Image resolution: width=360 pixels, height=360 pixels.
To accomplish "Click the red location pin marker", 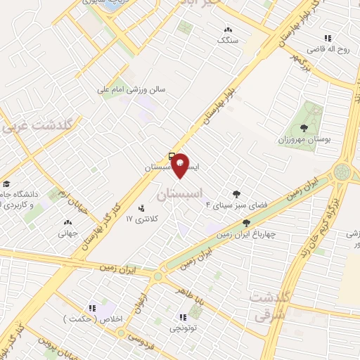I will pyautogui.click(x=180, y=165).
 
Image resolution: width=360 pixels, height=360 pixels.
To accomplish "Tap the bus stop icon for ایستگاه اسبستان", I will pyautogui.click(x=172, y=155).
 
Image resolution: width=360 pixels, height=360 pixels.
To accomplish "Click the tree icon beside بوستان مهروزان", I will pyautogui.click(x=304, y=128).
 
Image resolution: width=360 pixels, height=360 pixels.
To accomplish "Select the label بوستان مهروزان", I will pyautogui.click(x=304, y=140).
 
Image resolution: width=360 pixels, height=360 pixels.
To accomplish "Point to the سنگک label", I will pyautogui.click(x=227, y=41).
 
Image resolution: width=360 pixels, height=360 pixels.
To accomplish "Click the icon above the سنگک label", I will pyautogui.click(x=227, y=30).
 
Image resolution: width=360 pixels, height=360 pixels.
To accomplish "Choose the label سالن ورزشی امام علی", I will pyautogui.click(x=140, y=89).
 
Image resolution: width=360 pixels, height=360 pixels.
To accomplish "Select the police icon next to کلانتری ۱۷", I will pyautogui.click(x=142, y=208).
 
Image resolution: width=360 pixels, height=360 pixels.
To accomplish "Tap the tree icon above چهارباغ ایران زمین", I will pyautogui.click(x=245, y=223).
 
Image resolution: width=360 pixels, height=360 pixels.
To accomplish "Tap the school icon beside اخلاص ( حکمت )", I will pyautogui.click(x=91, y=307).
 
